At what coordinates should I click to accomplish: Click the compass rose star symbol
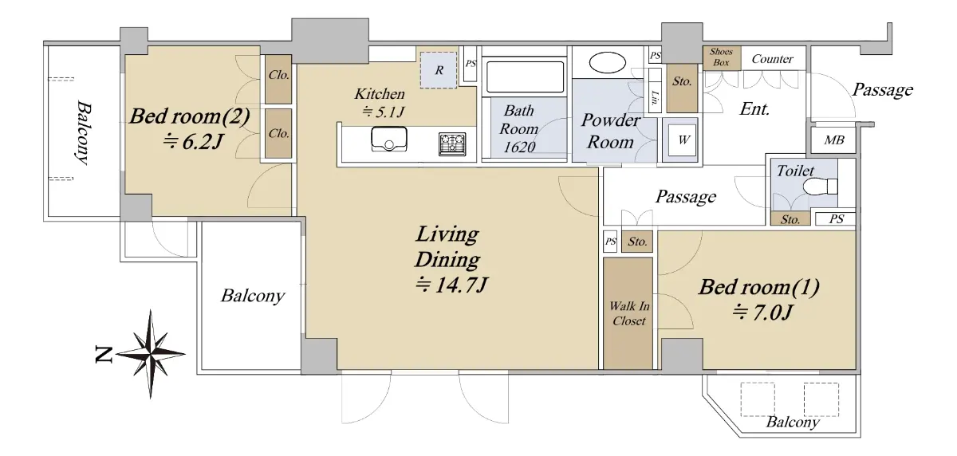click(x=151, y=354)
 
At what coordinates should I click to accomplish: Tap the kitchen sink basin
click(x=389, y=139)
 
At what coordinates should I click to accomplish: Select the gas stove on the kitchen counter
click(x=452, y=143)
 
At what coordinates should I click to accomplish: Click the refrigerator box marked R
click(x=439, y=70)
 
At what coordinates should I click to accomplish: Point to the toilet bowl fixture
click(x=820, y=187)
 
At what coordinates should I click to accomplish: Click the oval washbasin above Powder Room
click(x=607, y=63)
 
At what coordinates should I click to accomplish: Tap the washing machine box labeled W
click(x=683, y=140)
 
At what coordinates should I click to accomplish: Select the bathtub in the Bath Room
click(x=525, y=77)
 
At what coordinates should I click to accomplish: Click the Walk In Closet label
click(x=629, y=313)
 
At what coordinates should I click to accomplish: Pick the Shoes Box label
click(x=721, y=57)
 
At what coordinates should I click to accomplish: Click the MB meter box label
click(x=834, y=140)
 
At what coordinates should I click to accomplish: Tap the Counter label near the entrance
click(x=772, y=58)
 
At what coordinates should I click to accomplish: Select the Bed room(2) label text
click(x=189, y=116)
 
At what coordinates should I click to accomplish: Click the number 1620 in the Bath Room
click(x=519, y=147)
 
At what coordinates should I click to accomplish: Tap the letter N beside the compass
click(x=104, y=355)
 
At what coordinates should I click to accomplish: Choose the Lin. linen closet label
click(x=654, y=98)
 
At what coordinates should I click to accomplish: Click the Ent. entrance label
click(x=754, y=109)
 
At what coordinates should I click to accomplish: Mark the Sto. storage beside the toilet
click(x=790, y=219)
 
